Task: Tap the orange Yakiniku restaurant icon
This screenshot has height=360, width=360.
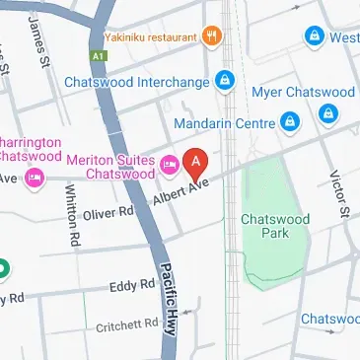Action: tap(213, 36)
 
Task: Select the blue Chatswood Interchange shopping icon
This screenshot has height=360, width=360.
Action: tap(226, 79)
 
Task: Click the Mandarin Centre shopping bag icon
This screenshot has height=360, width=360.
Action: tap(290, 123)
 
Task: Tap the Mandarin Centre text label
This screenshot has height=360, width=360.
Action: tap(225, 123)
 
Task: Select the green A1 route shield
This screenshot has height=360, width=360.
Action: tap(98, 56)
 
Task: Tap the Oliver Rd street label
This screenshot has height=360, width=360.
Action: tap(108, 212)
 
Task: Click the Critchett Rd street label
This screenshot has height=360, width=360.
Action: tap(126, 324)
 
